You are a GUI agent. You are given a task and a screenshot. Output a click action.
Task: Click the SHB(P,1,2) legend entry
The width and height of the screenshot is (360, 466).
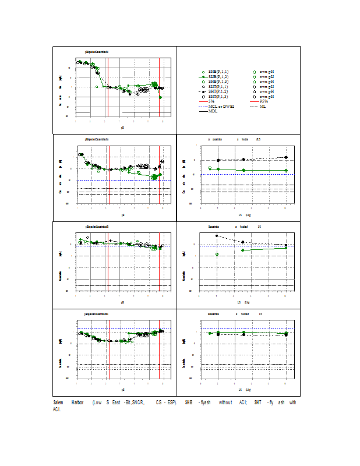pyautogui.click(x=217, y=76)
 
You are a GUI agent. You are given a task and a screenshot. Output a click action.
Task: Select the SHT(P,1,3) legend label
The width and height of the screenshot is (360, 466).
pyautogui.click(x=217, y=96)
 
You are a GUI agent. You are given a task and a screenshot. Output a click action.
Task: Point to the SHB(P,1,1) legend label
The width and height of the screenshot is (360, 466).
pyautogui.click(x=217, y=72)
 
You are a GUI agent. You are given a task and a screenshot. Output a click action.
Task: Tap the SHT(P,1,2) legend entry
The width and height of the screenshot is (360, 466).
pyautogui.click(x=217, y=91)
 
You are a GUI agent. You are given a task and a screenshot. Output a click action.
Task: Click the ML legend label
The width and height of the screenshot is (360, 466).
pyautogui.click(x=263, y=106)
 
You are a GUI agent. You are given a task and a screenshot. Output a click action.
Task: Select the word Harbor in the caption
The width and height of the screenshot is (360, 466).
pyautogui.click(x=77, y=403)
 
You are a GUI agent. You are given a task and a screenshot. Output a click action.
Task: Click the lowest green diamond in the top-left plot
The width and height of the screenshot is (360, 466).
pyautogui.click(x=161, y=97)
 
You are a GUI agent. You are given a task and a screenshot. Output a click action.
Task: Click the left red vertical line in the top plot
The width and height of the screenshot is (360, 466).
pyautogui.click(x=105, y=87)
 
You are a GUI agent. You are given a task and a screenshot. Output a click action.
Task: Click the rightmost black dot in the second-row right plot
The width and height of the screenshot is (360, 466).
pyautogui.click(x=286, y=157)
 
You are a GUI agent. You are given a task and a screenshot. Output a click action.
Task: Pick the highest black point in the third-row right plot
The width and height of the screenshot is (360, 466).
pyautogui.click(x=217, y=236)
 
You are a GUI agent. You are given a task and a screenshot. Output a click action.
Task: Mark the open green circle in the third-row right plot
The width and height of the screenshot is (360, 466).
pyautogui.click(x=217, y=255)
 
